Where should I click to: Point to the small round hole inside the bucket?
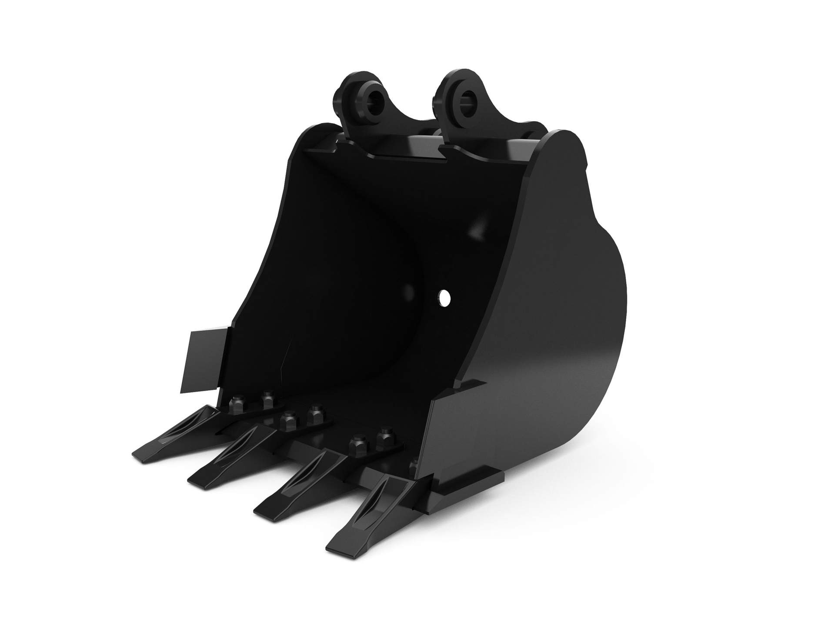point(444,298)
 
